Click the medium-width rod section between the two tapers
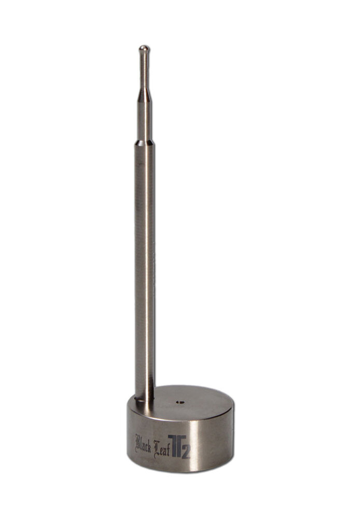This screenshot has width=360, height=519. click(144, 119)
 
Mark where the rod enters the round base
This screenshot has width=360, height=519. click(145, 399)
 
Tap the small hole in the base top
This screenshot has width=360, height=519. click(179, 401)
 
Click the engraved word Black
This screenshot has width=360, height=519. click(143, 444)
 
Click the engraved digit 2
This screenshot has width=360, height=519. click(186, 452)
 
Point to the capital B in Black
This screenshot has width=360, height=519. click(137, 443)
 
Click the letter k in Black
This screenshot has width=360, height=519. click(149, 445)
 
